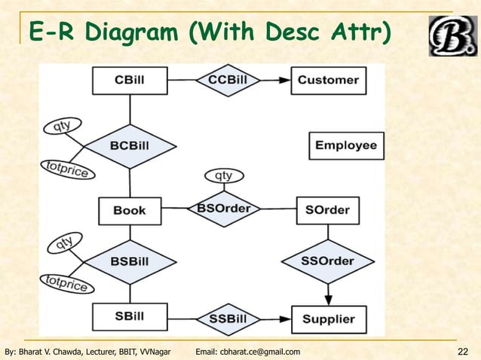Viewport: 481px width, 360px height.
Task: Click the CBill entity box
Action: pos(130,81)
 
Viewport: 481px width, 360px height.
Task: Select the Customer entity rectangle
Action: pos(329,80)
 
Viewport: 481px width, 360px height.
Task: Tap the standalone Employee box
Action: pos(346,145)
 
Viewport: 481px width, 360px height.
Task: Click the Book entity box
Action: pos(130,210)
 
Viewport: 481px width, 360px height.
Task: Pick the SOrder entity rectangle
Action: pos(327,209)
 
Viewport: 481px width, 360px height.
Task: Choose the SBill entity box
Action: pos(130,316)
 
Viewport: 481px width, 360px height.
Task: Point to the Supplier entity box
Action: pos(329,319)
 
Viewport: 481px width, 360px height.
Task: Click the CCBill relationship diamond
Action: pos(228,80)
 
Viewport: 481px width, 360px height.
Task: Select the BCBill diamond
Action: pos(130,145)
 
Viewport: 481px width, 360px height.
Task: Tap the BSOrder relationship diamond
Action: pos(224,209)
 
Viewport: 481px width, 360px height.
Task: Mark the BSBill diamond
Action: pos(130,261)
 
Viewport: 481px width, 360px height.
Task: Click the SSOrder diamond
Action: pos(327,261)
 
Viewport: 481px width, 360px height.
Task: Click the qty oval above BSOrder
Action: pos(224,175)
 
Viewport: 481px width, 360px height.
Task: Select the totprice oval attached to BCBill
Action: pos(67,170)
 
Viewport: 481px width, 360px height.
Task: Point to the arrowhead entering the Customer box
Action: pos(287,80)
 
